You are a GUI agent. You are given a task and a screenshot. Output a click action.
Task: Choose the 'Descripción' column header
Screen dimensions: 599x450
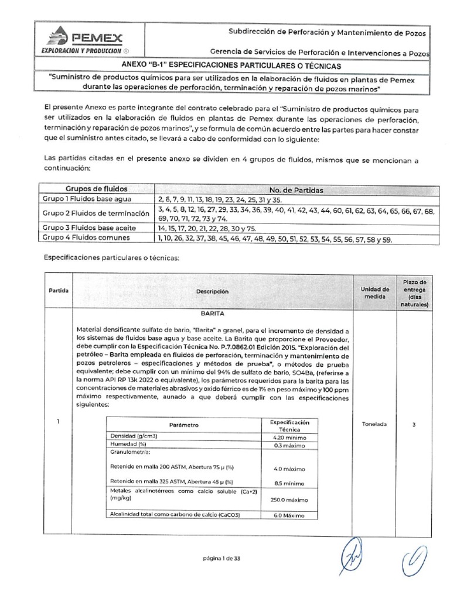tap(213, 291)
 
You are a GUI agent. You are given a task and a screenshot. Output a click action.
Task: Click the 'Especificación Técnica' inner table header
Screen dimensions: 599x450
tap(289, 425)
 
